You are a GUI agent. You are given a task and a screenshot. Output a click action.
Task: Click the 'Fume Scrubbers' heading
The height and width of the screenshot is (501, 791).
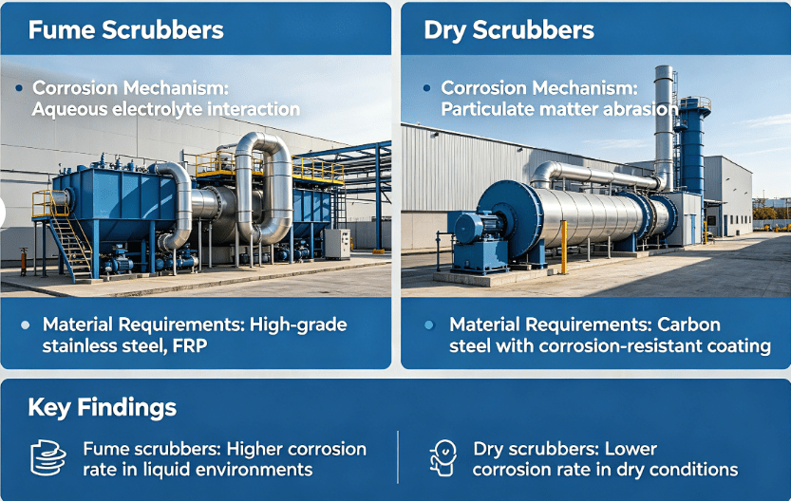point(126,29)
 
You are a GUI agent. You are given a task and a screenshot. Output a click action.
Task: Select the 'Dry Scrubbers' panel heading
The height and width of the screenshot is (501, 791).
point(508,29)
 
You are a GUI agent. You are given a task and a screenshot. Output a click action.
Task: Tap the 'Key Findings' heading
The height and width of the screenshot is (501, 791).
point(103,408)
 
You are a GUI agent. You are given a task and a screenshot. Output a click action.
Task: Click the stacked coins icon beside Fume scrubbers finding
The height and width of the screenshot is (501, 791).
point(47,458)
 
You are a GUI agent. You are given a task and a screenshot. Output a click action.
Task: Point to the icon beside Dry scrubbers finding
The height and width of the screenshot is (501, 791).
point(443,457)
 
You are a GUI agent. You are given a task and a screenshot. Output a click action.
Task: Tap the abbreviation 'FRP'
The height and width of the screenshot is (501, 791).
point(188,345)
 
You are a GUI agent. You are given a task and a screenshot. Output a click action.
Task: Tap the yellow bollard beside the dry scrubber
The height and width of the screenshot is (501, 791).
point(563,247)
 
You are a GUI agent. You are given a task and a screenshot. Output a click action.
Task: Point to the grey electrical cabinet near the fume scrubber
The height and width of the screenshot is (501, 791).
point(337,243)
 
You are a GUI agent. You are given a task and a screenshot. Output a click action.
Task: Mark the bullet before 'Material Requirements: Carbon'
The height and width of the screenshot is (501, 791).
point(429,325)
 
